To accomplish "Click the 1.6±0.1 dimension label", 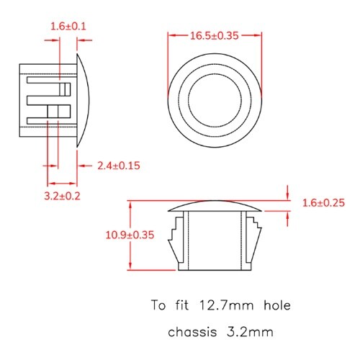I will pyautogui.click(x=68, y=26).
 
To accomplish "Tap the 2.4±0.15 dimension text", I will pyautogui.click(x=118, y=166).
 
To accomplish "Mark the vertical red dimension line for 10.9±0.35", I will pyautogui.click(x=130, y=235).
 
